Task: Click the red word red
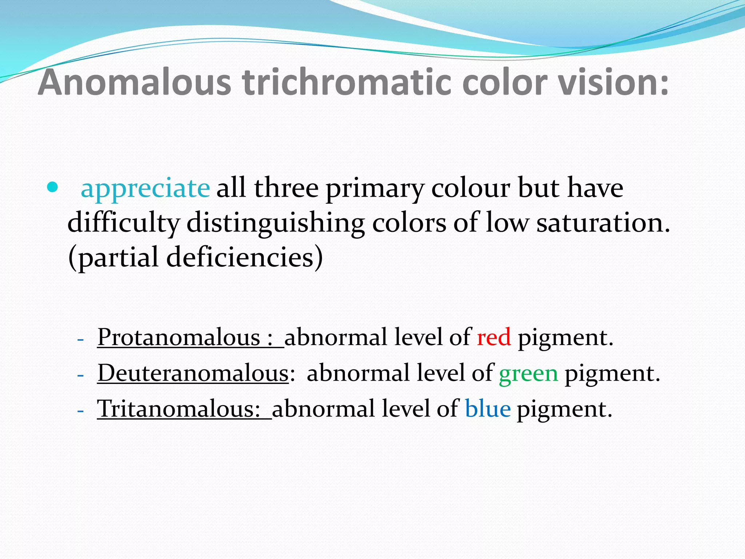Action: click(494, 337)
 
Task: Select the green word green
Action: click(528, 373)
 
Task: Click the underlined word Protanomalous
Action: click(179, 337)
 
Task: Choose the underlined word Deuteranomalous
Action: click(193, 373)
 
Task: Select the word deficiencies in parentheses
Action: click(240, 257)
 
